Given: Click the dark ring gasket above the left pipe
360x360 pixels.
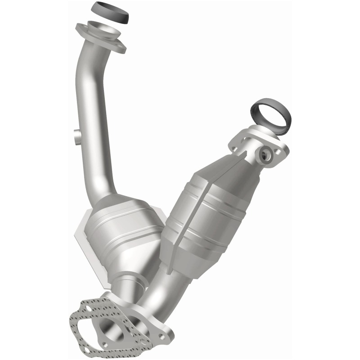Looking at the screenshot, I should pos(110,13).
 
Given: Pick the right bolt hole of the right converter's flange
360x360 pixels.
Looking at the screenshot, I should pos(280,153).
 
